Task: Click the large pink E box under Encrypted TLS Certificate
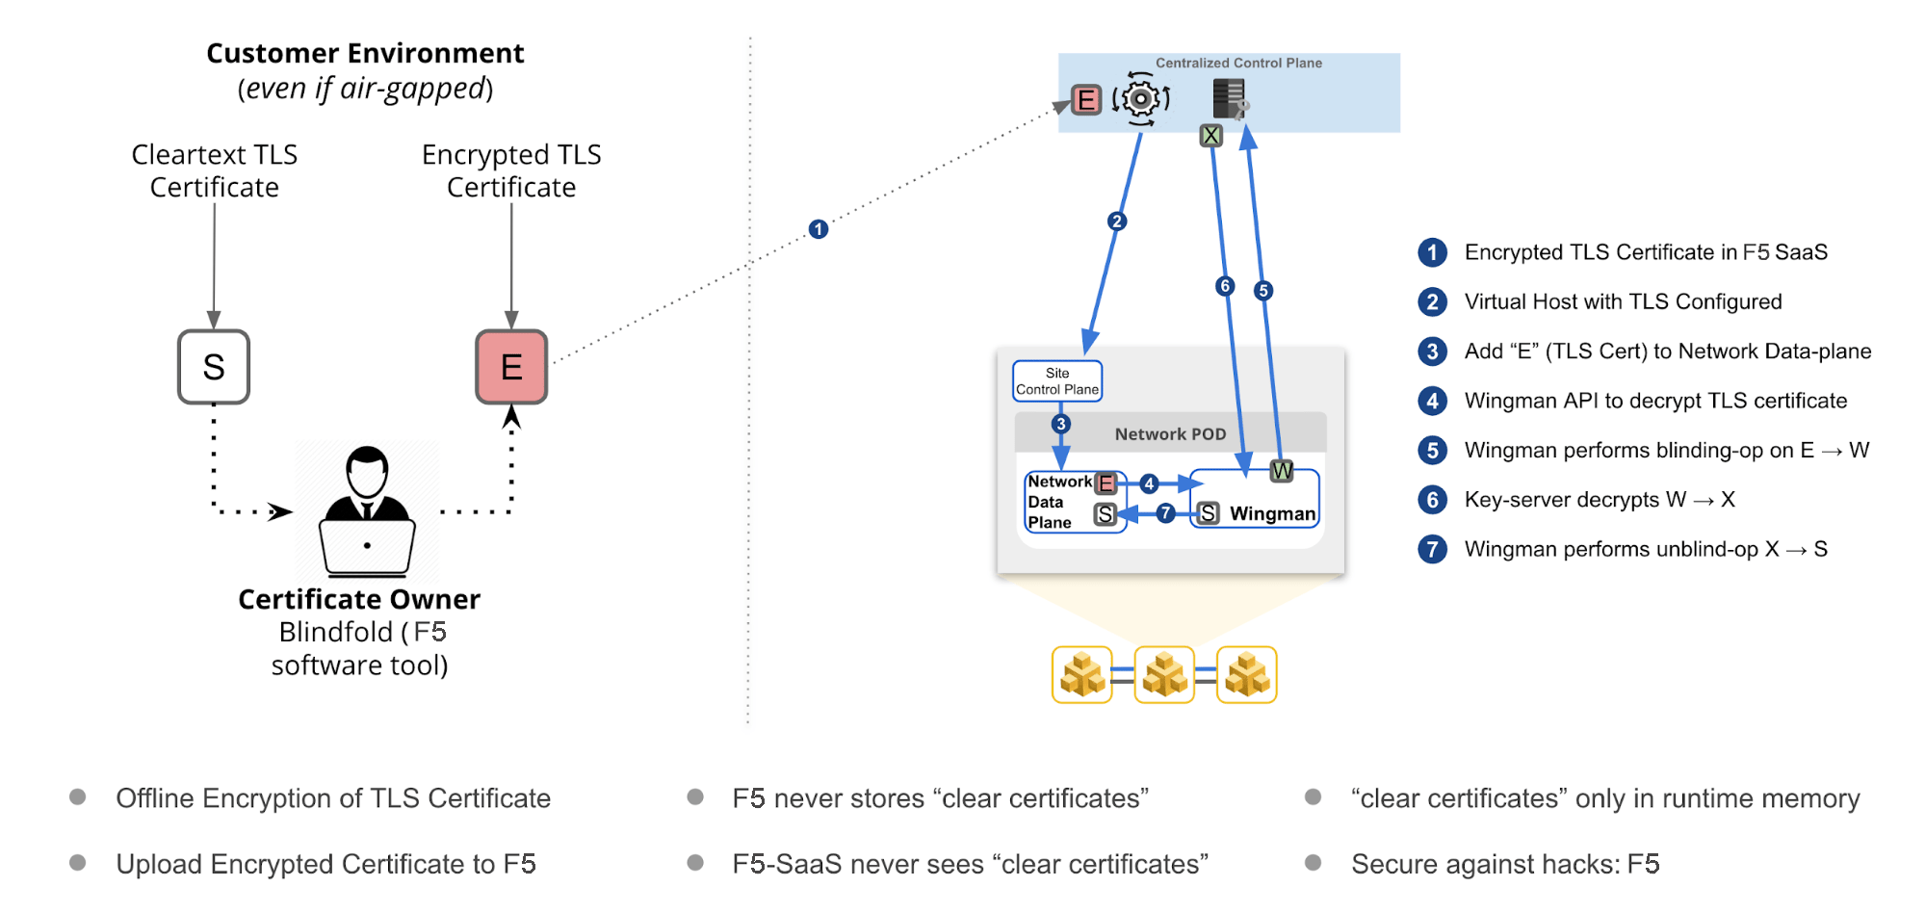tap(511, 367)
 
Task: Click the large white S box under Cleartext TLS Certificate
tap(214, 367)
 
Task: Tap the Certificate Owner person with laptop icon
tap(367, 510)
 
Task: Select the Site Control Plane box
tap(1057, 381)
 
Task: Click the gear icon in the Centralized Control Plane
tap(1141, 98)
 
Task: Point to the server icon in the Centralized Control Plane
tap(1229, 98)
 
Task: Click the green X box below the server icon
tap(1211, 136)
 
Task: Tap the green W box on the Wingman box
tap(1282, 471)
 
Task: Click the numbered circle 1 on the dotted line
tap(819, 229)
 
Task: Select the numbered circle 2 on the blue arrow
tap(1117, 222)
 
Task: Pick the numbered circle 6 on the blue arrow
tap(1225, 286)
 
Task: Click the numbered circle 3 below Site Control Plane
tap(1060, 424)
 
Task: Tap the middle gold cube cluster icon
tap(1164, 674)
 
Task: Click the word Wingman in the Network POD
tap(1272, 514)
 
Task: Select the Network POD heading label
tap(1170, 434)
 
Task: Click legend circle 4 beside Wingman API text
tap(1432, 401)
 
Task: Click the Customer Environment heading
tap(365, 53)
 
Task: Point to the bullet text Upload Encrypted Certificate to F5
tap(325, 864)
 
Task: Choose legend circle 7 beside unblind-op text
tap(1432, 549)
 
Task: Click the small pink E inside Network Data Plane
tap(1106, 483)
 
